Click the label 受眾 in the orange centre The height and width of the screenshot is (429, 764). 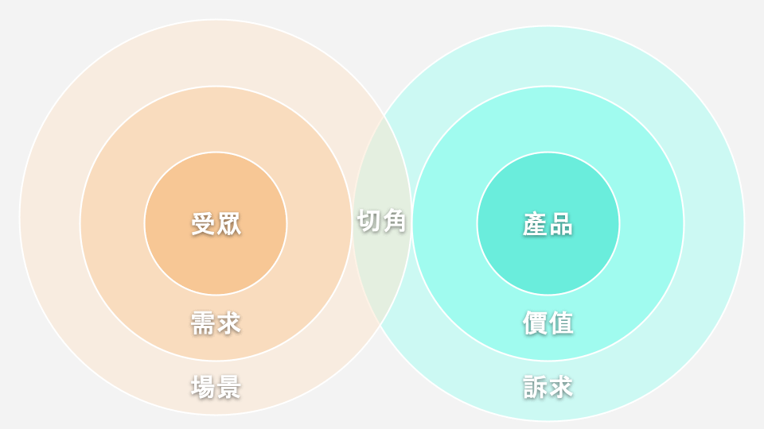[216, 224]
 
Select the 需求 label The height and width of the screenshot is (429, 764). [216, 323]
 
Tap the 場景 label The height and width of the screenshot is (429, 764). [216, 387]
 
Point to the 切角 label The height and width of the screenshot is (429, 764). [381, 221]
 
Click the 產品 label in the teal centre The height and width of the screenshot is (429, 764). [548, 224]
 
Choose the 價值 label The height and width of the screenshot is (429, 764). [548, 323]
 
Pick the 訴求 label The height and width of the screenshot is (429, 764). [548, 387]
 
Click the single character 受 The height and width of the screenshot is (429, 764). [203, 224]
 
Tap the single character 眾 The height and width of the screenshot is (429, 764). [229, 224]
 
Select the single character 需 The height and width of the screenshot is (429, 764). [203, 323]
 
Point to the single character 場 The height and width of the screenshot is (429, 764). [203, 387]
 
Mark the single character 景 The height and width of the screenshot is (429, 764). [229, 387]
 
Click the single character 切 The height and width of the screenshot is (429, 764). [368, 221]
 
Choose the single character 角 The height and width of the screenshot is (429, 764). [394, 221]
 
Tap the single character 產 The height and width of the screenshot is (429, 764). [535, 224]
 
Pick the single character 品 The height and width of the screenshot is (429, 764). [561, 224]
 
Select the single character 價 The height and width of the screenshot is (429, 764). [535, 323]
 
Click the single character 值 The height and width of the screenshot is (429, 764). [561, 323]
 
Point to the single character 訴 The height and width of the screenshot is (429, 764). [535, 387]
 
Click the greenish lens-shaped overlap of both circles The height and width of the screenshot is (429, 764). [382, 272]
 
